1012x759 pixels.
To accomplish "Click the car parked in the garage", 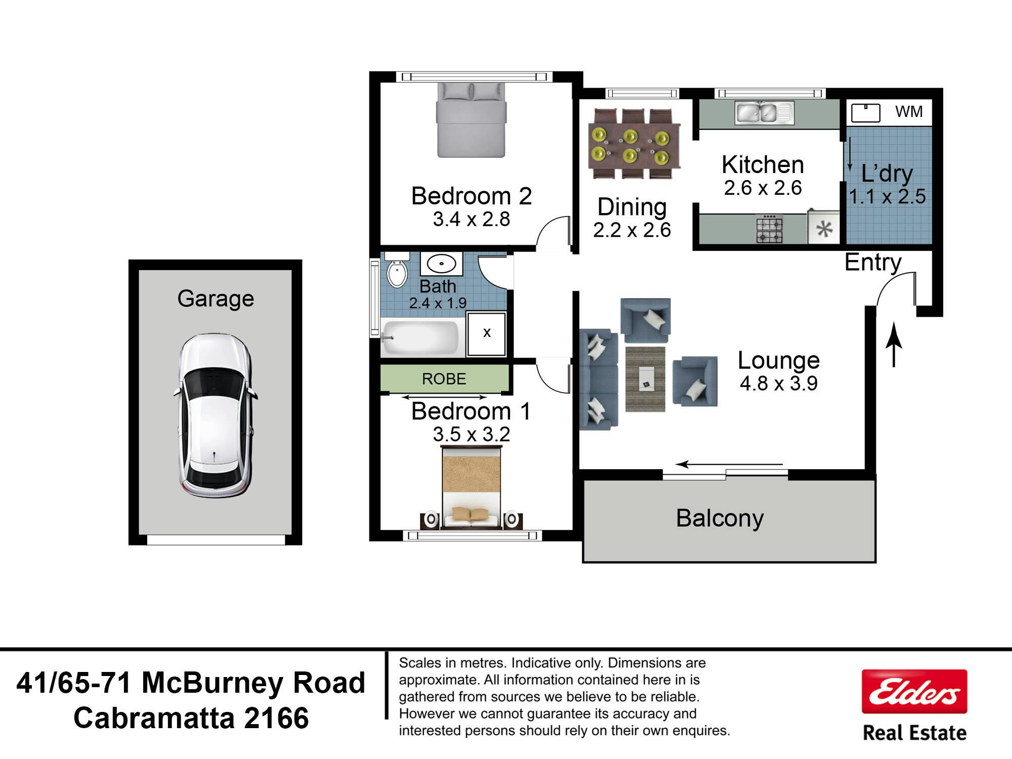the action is [x=215, y=415].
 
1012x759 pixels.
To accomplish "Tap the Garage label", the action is [x=216, y=299].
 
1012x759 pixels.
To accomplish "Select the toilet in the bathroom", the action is [x=397, y=271].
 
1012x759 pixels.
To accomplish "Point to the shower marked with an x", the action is [x=486, y=333].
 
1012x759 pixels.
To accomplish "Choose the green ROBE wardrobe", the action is [x=444, y=378].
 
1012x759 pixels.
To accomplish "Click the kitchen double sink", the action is [x=764, y=112].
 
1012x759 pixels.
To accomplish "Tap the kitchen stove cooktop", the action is [x=770, y=229].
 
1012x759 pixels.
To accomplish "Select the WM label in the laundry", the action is [x=909, y=111].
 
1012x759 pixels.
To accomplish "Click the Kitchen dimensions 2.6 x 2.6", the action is [x=763, y=188].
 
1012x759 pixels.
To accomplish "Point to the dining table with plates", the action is [x=634, y=144].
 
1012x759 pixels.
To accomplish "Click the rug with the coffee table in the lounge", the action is [x=645, y=379].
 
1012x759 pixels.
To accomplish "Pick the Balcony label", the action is [x=720, y=519].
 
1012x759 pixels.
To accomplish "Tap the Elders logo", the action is [x=914, y=692].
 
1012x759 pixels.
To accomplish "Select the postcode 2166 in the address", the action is [x=276, y=718].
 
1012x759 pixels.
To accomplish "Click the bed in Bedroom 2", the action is [x=471, y=120].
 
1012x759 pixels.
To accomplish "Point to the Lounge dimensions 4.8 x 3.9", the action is [x=779, y=384].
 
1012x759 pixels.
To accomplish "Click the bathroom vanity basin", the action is [x=441, y=264].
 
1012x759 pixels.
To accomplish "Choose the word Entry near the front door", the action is [x=873, y=262].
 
